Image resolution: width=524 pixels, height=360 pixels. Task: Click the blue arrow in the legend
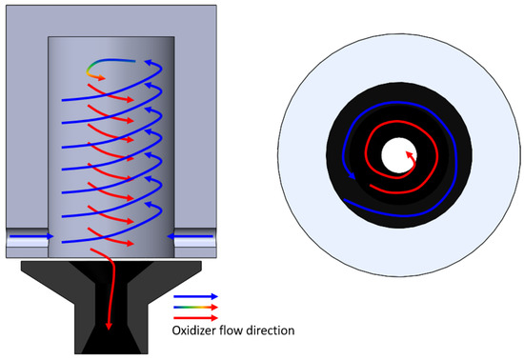(194, 296)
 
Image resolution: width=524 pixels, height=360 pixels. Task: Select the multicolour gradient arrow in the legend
(194, 307)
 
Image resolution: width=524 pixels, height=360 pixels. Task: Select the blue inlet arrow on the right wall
(186, 232)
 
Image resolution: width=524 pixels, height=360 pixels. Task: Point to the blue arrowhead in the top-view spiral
(355, 177)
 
